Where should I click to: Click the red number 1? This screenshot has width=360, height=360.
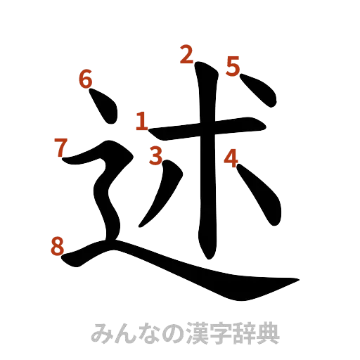click(141, 121)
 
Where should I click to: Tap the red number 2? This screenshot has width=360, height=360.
click(186, 54)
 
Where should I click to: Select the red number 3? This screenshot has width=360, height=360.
click(155, 155)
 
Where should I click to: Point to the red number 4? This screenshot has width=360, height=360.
click(231, 159)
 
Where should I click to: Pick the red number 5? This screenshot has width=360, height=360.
click(233, 65)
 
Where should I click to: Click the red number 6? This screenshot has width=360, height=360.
click(86, 79)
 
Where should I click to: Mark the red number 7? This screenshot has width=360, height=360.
click(60, 146)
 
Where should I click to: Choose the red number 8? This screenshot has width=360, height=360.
click(58, 247)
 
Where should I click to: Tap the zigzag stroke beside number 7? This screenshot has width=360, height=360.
click(105, 183)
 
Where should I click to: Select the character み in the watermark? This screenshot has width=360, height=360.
click(101, 333)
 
